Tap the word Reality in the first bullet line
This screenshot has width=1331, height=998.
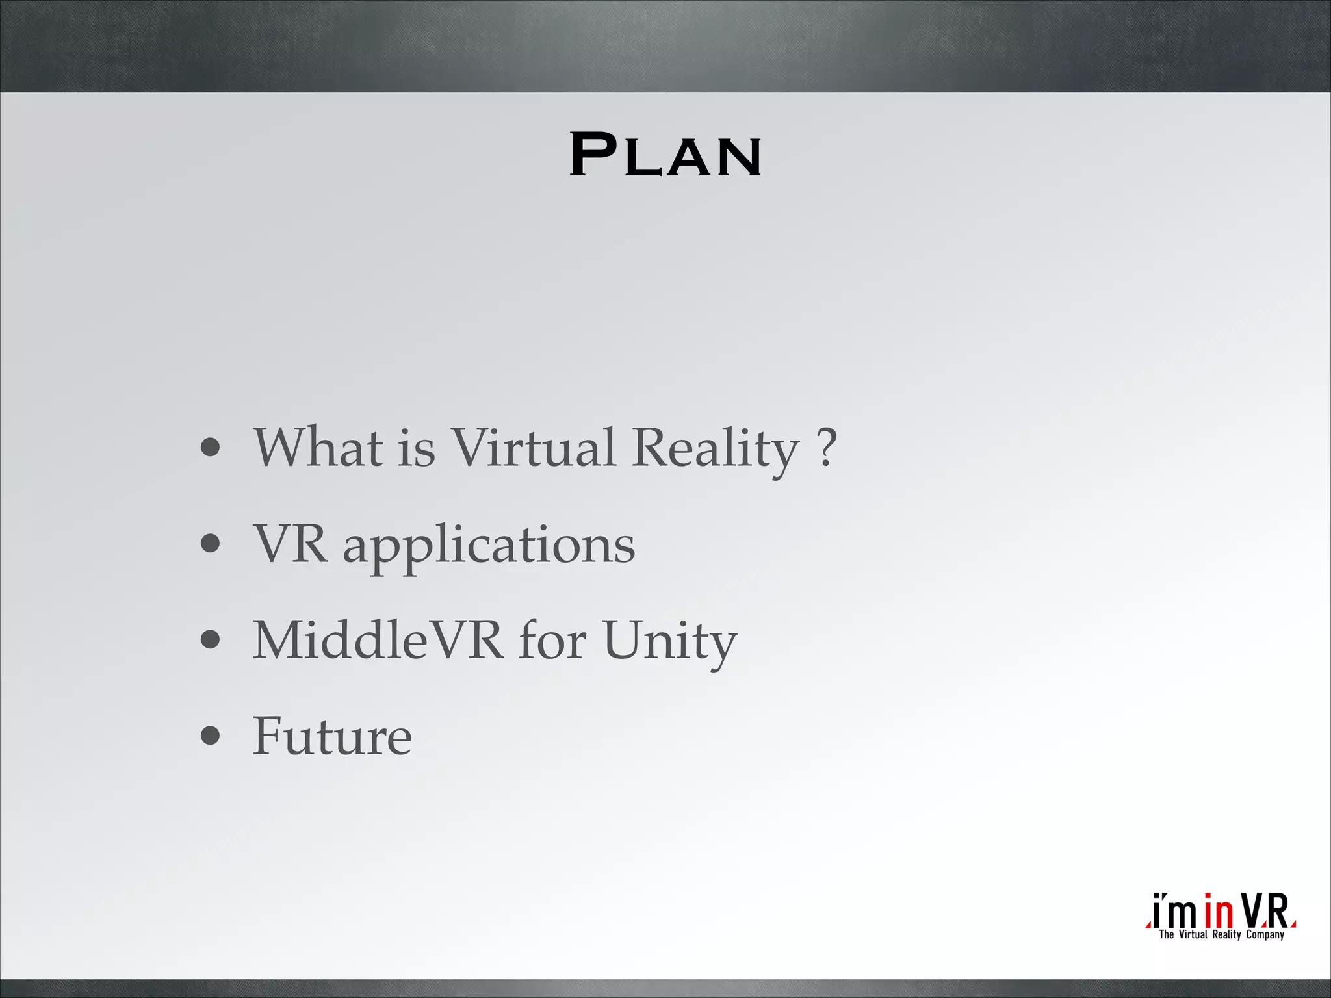715,448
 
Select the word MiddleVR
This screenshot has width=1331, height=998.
378,640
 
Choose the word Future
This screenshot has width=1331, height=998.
332,736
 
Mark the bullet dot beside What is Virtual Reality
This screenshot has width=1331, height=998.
210,448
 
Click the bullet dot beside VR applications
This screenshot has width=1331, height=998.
210,544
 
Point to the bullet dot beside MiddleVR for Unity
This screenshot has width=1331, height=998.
210,640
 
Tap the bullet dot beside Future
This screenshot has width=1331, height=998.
210,736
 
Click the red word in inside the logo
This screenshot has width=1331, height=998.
1218,912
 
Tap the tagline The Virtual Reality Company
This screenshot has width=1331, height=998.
1222,935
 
